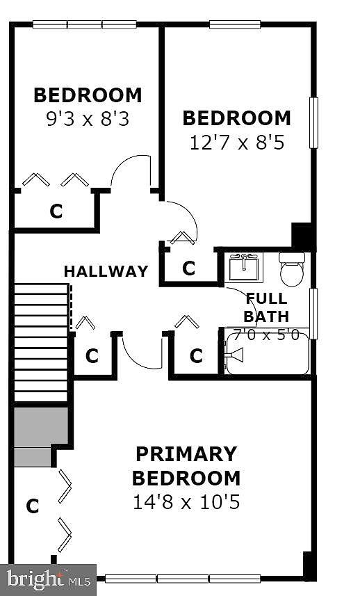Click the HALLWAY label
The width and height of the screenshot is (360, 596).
[x=106, y=271]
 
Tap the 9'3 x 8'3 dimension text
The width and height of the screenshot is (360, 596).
[x=88, y=119]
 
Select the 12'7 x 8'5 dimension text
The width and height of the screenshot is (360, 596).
[x=236, y=143]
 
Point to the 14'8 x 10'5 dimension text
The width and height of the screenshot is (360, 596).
[x=186, y=501]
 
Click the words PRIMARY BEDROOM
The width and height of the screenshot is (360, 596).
[x=186, y=466]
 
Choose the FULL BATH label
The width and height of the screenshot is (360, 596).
[x=266, y=307]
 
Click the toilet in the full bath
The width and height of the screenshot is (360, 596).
[x=292, y=268]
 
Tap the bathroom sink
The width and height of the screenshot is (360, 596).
[x=244, y=266]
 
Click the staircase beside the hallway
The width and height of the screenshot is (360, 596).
[x=41, y=341]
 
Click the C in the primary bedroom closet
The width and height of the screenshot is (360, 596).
[x=32, y=507]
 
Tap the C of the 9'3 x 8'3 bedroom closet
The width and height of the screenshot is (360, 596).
[x=56, y=211]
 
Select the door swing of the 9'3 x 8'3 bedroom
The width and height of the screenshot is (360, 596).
[x=132, y=171]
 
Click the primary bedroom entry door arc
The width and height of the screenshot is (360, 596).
[x=142, y=353]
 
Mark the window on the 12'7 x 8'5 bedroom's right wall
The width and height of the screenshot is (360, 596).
[x=313, y=123]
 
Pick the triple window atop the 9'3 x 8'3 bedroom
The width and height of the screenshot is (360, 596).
[x=84, y=24]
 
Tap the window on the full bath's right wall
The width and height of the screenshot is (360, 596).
[x=313, y=313]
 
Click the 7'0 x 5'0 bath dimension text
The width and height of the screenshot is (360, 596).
[x=266, y=335]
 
